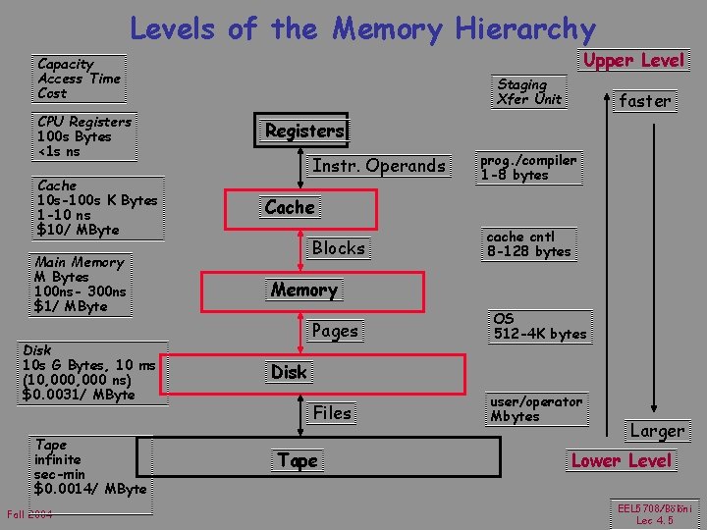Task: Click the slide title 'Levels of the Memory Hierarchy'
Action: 362,28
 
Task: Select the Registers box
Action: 305,131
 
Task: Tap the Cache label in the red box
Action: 290,207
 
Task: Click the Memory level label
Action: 304,291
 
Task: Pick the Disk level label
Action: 289,372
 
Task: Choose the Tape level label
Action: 298,460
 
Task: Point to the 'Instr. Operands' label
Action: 379,166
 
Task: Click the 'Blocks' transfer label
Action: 338,248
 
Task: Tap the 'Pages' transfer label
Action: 335,331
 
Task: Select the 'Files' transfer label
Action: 332,413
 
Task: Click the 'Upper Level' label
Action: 633,61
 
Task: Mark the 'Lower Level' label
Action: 622,460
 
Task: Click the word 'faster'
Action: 644,100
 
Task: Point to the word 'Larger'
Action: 657,431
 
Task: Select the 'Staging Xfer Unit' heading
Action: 529,91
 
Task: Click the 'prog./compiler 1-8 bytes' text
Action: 527,168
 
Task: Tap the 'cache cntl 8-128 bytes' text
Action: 528,244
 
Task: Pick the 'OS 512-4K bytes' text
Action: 539,327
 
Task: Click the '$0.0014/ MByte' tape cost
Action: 90,489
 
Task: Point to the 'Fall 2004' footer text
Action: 29,516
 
